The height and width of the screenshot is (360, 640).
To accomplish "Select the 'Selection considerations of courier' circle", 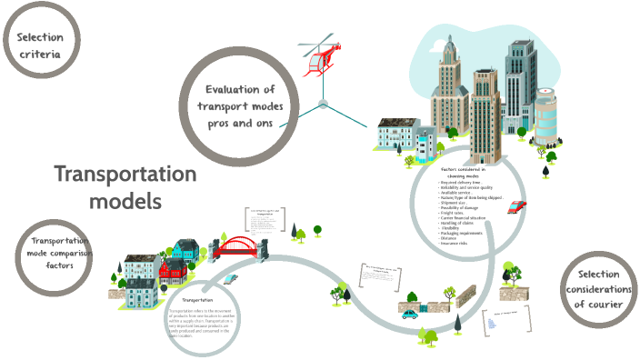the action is point(597,287).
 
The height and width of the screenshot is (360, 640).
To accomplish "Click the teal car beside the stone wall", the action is point(410,314).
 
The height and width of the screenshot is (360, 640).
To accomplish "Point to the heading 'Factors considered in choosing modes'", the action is point(463,173).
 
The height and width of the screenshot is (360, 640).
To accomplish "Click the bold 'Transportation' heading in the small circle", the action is point(197,299).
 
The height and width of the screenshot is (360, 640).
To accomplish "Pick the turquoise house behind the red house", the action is point(185,250).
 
